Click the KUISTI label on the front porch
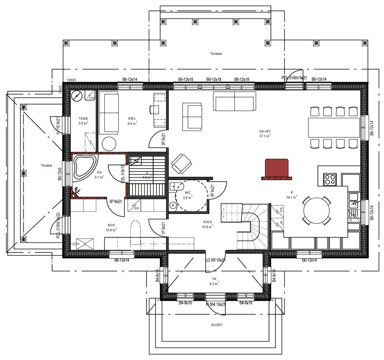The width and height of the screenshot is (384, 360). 217,325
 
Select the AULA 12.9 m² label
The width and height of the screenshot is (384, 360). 208,224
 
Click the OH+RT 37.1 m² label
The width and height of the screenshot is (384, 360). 265,133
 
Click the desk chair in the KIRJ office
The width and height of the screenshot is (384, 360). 155,109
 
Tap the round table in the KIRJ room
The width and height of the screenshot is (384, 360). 109,143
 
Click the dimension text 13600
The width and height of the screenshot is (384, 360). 71,80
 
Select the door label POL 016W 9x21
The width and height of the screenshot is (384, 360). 294,78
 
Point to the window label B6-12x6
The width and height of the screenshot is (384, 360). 60,174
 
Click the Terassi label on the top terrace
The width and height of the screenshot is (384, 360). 216,54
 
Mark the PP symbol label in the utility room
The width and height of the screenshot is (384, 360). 136,209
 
